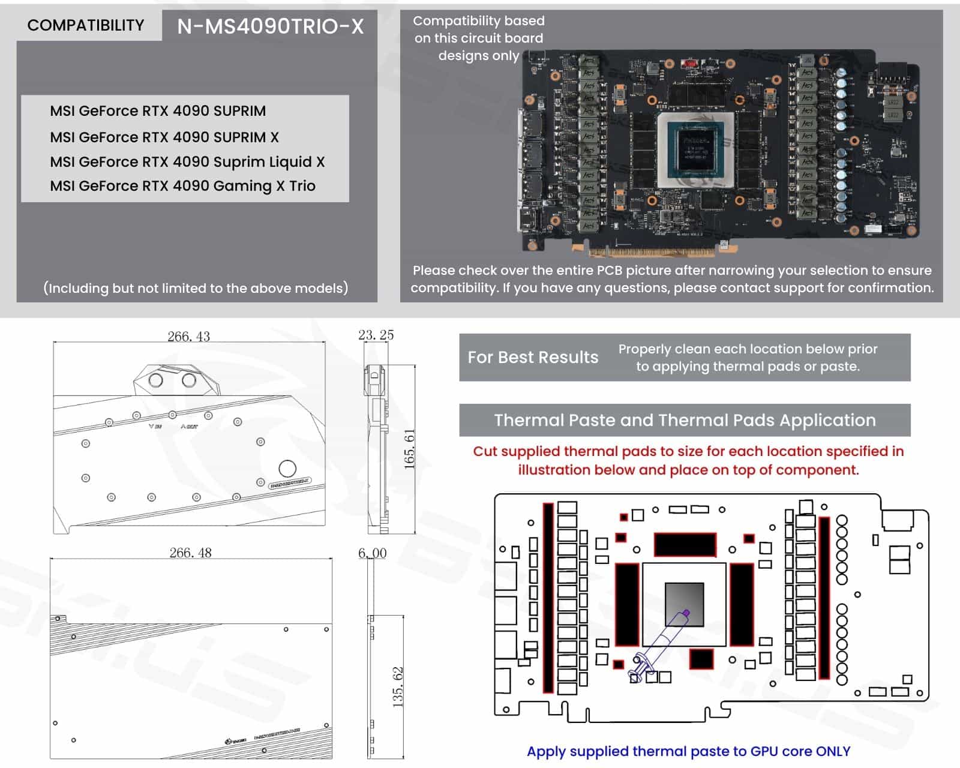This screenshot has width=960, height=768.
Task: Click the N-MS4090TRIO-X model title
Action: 270,26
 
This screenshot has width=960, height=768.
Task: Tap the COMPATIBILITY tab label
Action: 86,25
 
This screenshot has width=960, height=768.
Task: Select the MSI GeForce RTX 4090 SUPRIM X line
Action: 164,137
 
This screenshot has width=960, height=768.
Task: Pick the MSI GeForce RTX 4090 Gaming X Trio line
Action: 182,186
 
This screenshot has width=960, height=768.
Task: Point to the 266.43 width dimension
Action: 188,337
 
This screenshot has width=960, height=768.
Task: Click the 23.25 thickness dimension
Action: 376,335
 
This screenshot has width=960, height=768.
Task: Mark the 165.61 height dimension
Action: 409,449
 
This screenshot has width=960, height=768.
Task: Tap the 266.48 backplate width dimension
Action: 190,553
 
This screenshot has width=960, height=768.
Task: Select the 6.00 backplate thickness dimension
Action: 372,553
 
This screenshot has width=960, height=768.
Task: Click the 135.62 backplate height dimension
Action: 398,686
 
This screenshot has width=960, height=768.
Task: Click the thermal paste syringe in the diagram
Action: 660,644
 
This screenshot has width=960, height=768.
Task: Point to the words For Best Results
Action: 533,358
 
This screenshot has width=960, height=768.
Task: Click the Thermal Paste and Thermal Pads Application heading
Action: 685,420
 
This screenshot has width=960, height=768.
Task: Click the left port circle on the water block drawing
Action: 155,380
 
